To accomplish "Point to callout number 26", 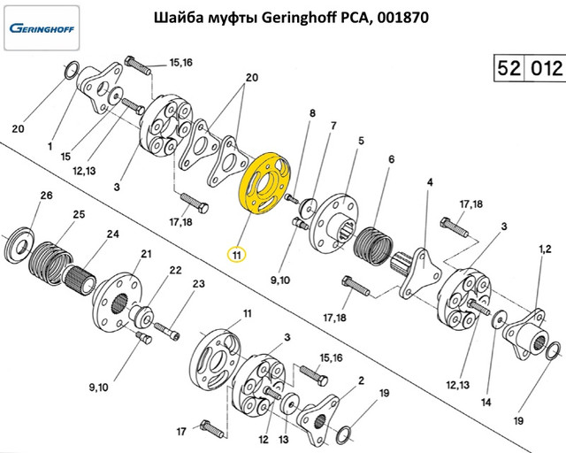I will click(46, 196).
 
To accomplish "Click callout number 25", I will click(78, 215).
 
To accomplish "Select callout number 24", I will click(112, 234).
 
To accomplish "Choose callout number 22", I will click(175, 270).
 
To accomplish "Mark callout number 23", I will click(199, 284).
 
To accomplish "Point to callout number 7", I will click(333, 126).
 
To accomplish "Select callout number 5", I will click(361, 141).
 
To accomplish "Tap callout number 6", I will click(390, 159).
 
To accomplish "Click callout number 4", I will click(430, 183).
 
